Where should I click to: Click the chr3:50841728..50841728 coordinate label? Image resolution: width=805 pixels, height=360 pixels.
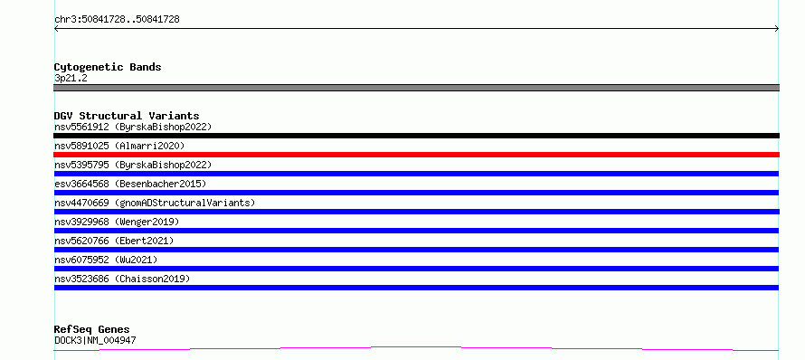point(117,20)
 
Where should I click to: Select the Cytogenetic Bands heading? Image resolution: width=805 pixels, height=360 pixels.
point(108,67)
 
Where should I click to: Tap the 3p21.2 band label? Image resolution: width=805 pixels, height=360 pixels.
point(71,79)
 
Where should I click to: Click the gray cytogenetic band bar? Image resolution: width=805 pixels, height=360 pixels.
point(416,88)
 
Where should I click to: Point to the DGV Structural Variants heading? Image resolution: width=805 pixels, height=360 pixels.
point(127,116)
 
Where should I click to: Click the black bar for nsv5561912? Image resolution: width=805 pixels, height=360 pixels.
point(416,136)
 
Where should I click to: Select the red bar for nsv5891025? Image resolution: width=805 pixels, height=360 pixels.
point(416,155)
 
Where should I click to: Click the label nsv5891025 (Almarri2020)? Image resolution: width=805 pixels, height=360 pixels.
point(119,146)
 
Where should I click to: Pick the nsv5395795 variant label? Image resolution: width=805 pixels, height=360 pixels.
point(133,165)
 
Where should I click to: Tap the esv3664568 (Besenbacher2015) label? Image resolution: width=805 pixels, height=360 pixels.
point(130,184)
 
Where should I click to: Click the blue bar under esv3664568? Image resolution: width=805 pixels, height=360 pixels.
point(416,193)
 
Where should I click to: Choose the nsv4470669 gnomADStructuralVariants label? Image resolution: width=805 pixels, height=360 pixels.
point(155,203)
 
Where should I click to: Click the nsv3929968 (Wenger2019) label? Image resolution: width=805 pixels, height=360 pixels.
point(117,222)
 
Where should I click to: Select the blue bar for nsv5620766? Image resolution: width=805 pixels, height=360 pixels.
point(416,250)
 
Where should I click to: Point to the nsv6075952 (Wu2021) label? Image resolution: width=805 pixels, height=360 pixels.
point(106,260)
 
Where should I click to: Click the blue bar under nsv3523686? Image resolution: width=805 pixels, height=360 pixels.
point(416,288)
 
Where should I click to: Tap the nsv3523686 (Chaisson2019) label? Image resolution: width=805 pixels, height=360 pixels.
point(122,279)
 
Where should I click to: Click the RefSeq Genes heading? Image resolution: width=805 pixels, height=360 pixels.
point(92,329)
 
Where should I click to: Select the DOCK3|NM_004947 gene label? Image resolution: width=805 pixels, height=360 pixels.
point(95,340)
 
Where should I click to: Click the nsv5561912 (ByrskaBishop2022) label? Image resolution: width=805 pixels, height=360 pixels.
point(133,127)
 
